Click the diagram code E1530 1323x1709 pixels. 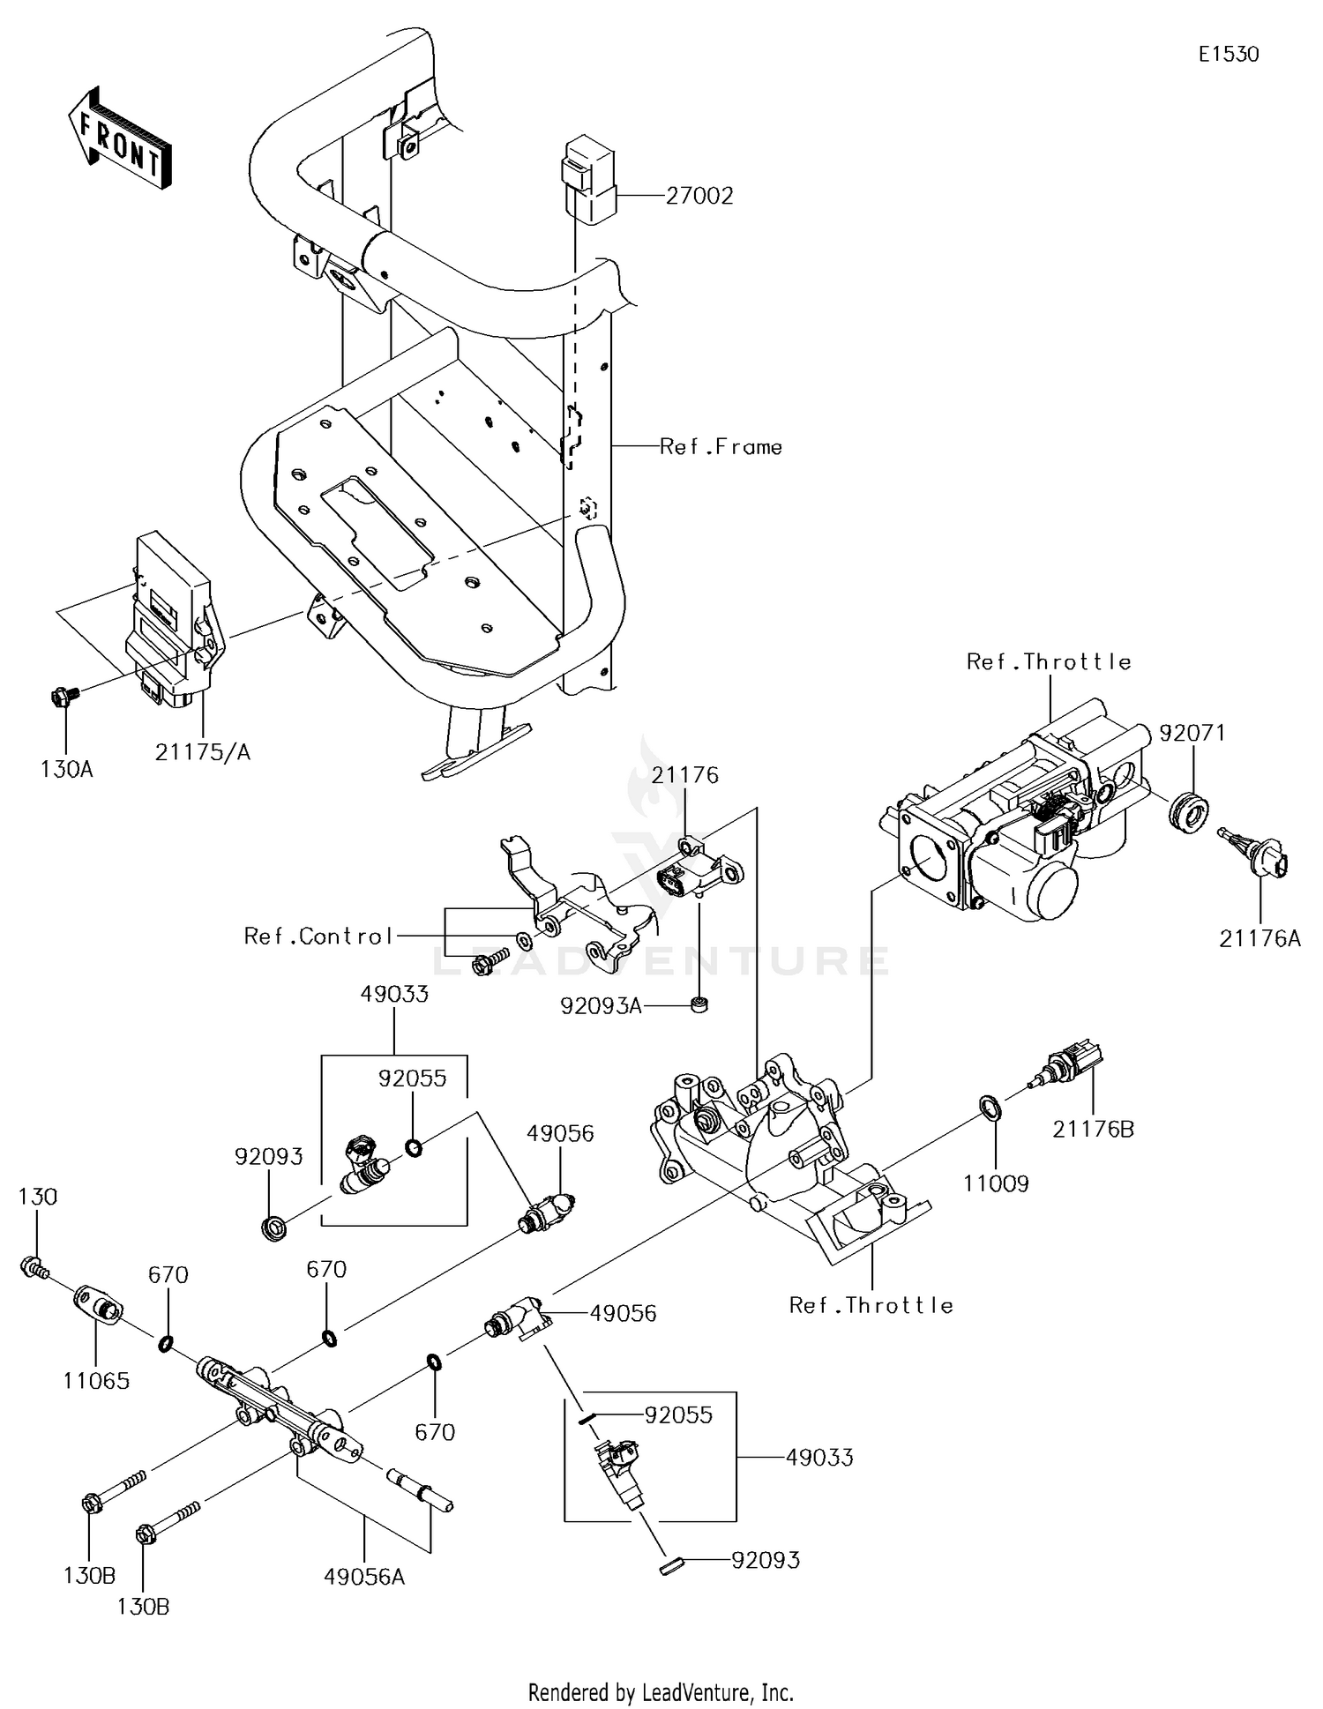(x=1228, y=55)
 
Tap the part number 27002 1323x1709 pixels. (x=699, y=196)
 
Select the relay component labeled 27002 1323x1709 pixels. (x=589, y=176)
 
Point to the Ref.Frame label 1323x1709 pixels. (x=721, y=447)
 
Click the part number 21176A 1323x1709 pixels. (x=1259, y=939)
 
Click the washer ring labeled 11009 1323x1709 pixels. (x=990, y=1108)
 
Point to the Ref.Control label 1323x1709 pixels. (x=318, y=937)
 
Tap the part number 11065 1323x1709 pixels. (x=96, y=1381)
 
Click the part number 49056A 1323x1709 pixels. (x=363, y=1577)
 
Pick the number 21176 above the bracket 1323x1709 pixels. (x=685, y=775)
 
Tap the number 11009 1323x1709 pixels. (x=996, y=1183)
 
